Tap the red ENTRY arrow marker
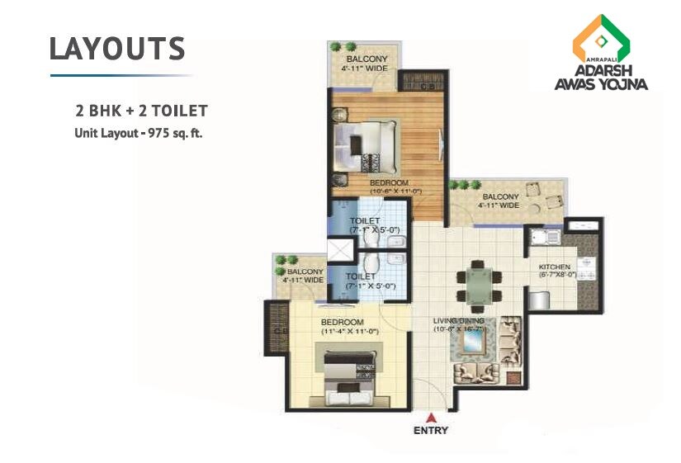pos(431,416)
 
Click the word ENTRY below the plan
pos(431,430)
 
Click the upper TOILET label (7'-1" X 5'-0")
pos(365,221)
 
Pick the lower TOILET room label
pos(361,276)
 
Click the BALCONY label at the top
pos(362,59)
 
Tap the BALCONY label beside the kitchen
pos(499,196)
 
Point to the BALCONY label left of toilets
pos(304,272)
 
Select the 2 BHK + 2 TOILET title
pos(140,110)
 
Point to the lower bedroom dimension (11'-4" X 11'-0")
pos(350,331)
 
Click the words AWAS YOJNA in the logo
pos(600,84)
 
